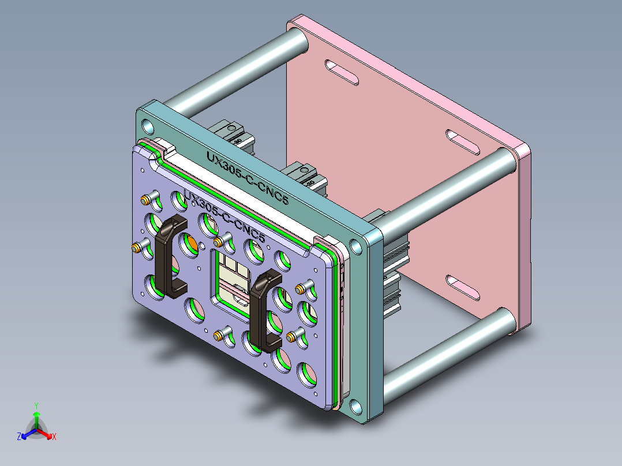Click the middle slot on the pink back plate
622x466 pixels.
463,142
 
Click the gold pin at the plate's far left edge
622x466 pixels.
135,249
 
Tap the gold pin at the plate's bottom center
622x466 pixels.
219,336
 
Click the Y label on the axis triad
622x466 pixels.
36,405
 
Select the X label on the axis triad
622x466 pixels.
54,437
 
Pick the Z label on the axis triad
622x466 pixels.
19,437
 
